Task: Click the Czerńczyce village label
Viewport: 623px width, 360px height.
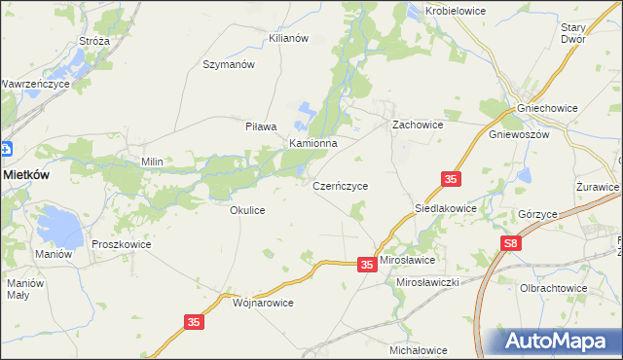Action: pos(340,184)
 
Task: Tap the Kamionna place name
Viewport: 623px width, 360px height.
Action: pos(312,143)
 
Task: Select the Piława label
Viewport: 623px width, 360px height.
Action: pos(261,126)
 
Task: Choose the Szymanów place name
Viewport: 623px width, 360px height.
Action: pos(228,64)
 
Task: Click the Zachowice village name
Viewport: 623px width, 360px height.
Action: pos(418,126)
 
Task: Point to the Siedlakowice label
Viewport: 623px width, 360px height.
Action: pos(446,208)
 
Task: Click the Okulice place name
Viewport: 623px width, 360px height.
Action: pos(247,209)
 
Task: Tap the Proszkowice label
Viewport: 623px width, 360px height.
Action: pos(122,244)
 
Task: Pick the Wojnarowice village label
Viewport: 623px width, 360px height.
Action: pos(263,303)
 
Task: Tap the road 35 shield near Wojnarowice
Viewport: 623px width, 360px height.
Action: pos(193,320)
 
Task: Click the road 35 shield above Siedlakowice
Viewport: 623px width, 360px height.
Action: pos(450,179)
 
